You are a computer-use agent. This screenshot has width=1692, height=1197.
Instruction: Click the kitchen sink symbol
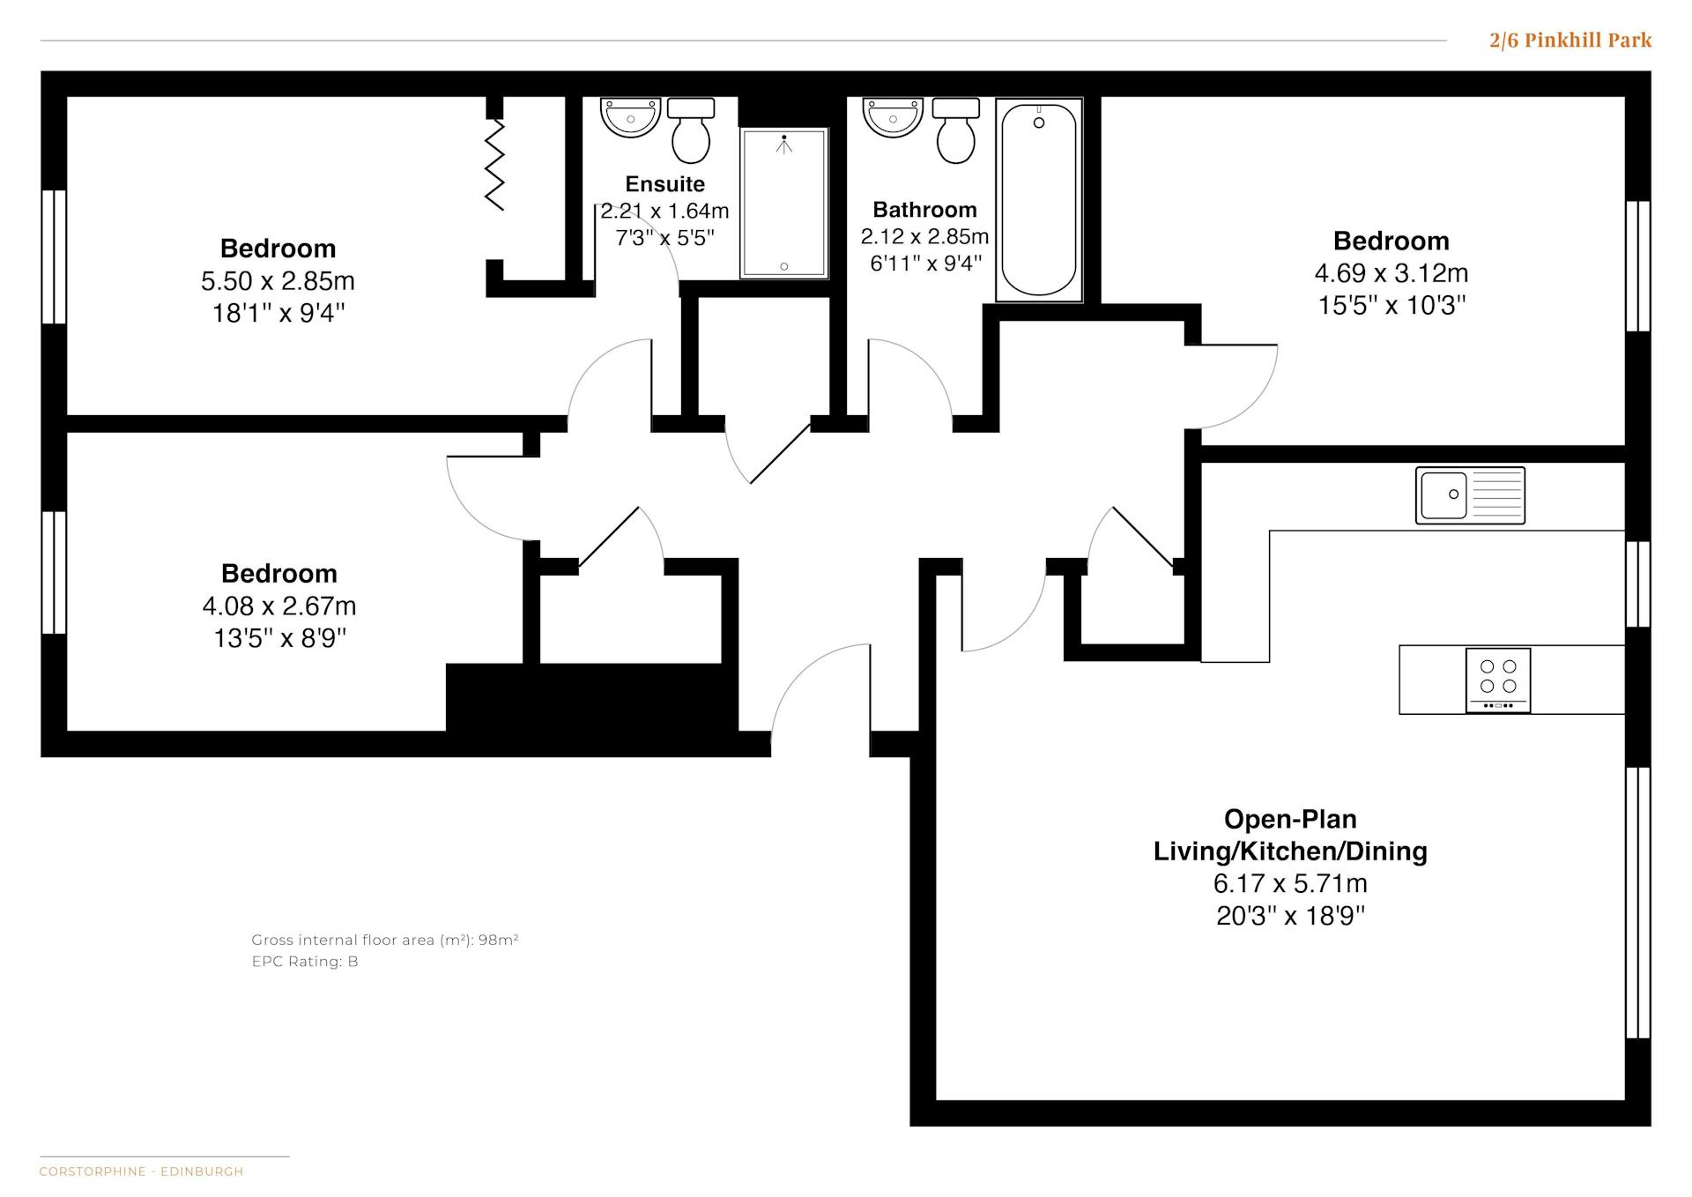[x=1470, y=495]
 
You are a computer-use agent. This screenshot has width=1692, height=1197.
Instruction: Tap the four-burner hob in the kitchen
[x=1498, y=680]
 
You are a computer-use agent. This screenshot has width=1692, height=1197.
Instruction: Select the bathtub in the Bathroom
[x=1039, y=200]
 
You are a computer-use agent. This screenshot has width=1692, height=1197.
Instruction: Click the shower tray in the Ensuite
[x=784, y=204]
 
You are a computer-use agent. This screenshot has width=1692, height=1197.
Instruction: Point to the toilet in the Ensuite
[x=691, y=130]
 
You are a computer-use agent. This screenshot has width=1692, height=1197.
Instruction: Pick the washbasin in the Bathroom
[x=893, y=117]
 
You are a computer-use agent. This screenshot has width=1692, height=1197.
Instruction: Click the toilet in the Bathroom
[x=956, y=130]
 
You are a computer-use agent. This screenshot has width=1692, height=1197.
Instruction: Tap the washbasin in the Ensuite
[x=630, y=117]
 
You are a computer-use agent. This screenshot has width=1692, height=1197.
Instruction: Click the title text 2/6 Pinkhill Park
[x=1570, y=40]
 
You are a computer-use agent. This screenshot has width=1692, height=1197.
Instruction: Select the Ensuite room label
[x=665, y=183]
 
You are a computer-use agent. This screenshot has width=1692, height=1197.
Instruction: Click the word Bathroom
[x=924, y=209]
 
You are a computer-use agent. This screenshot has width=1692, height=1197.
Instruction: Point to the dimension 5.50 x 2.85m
[x=278, y=280]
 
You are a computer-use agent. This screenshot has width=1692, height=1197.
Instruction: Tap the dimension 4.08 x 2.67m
[x=279, y=606]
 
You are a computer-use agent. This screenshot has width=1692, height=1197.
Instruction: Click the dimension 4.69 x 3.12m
[x=1391, y=272]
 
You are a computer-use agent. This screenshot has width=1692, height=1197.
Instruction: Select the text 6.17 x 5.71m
[x=1290, y=882]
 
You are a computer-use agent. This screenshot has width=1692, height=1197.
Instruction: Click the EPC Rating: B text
[x=305, y=961]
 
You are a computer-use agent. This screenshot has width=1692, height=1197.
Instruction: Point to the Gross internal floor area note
[x=385, y=940]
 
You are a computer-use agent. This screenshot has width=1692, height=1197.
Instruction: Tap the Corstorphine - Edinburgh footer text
[x=141, y=1171]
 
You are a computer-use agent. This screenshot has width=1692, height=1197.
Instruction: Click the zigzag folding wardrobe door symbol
[x=494, y=164]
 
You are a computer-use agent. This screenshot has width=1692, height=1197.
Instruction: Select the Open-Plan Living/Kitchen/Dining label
[x=1290, y=835]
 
